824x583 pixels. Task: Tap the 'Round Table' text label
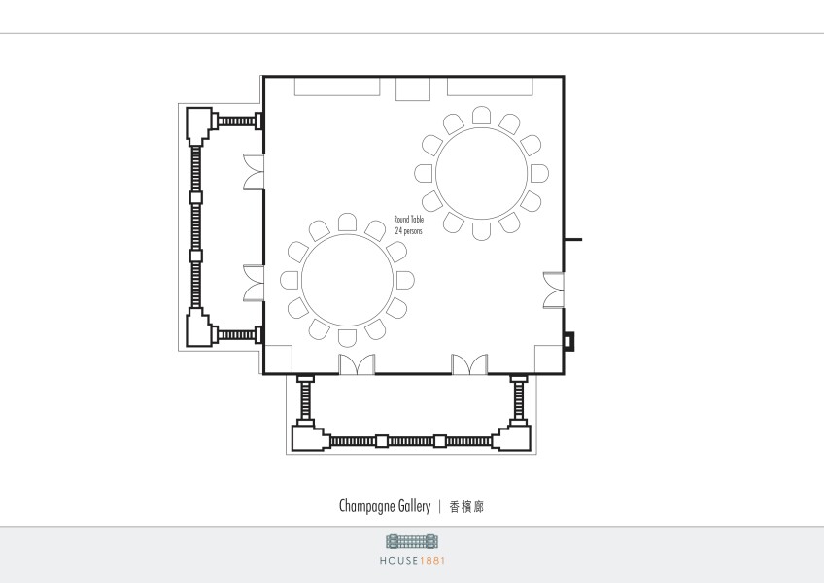pos(409,220)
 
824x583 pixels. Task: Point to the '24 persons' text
pos(408,231)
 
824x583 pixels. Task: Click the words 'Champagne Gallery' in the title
pos(385,506)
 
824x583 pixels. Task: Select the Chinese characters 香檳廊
pos(466,507)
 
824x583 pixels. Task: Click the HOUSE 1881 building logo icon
pos(413,541)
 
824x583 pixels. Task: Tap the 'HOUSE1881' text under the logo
pos(413,561)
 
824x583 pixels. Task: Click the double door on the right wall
pos(553,291)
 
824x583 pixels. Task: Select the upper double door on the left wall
pos(254,172)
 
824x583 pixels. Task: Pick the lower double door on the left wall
pos(254,284)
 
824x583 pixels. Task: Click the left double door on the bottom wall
pos(357,364)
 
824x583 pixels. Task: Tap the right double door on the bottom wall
pos(469,364)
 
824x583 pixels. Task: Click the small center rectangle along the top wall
pos(413,88)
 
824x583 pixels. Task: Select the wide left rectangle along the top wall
pos(337,86)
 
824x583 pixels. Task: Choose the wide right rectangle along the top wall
pos(490,86)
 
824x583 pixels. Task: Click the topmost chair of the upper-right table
pos(481,115)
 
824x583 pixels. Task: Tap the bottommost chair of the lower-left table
pos(347,338)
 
